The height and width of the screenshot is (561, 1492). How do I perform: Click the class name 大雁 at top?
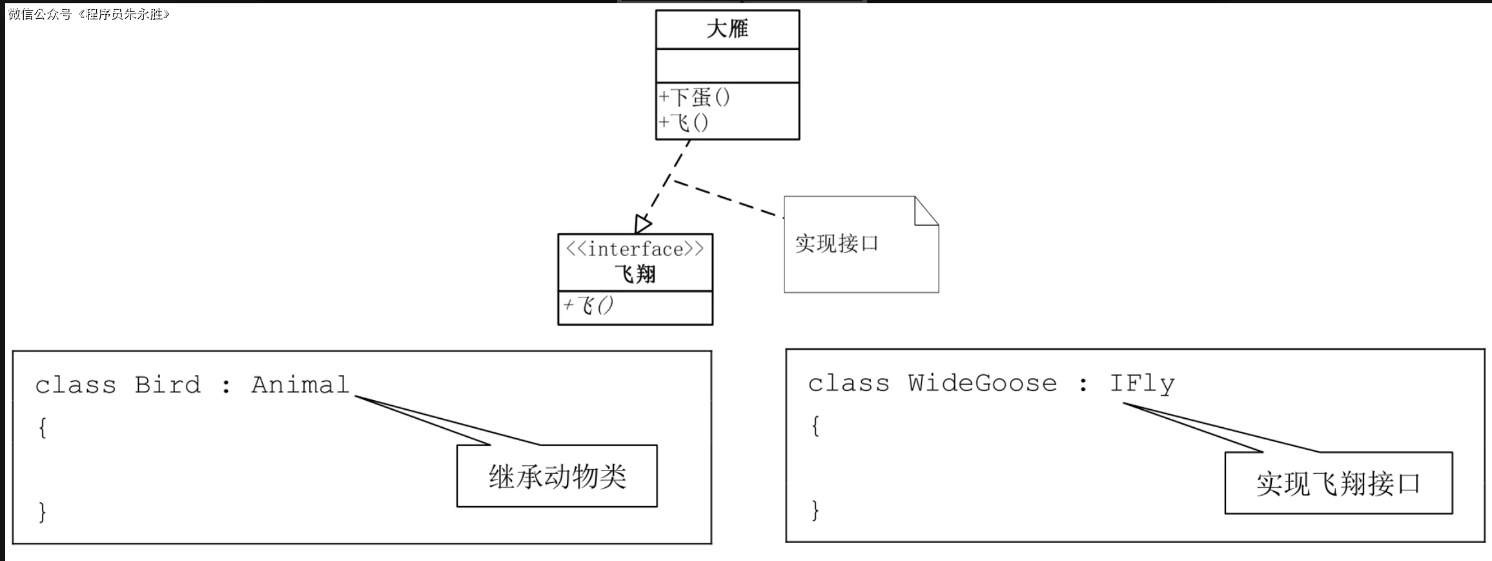pos(727,29)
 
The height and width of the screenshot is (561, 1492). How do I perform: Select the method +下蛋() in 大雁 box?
pos(695,98)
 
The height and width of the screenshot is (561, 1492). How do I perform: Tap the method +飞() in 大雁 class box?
pos(684,122)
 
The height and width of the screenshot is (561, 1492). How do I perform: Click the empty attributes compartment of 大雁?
pos(727,65)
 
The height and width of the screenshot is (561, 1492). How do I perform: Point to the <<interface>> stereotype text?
pos(635,249)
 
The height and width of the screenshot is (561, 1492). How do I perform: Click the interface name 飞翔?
pos(635,274)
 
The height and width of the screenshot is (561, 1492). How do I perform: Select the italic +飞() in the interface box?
pos(588,305)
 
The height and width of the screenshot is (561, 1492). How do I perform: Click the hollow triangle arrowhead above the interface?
pos(642,224)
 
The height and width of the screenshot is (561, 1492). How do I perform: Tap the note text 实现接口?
pos(837,244)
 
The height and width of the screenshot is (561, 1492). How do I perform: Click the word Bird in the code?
pos(167,385)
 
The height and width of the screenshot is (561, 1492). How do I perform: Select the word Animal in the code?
pos(300,385)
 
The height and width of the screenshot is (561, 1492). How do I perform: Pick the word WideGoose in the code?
pos(982,384)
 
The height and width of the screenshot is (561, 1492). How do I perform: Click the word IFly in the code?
pos(1141,384)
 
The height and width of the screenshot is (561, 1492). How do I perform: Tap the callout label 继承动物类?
pos(557,477)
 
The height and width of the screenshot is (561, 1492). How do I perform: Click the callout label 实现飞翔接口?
pos(1338,483)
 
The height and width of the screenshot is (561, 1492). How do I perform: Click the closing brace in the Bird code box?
pos(43,512)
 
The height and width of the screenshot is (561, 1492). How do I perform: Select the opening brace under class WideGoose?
pos(815,426)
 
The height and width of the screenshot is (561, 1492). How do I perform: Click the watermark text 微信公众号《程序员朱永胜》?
pos(88,14)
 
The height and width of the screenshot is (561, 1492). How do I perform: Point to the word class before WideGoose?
pos(848,384)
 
